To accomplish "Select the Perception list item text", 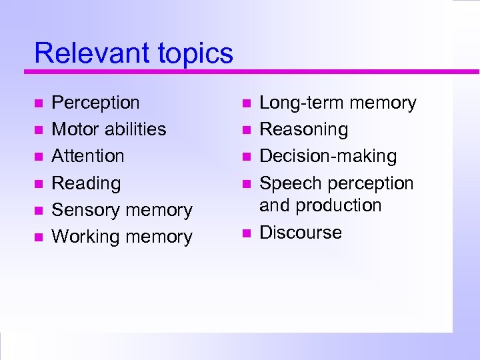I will coord(95,103).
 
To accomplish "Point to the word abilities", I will coord(135,129).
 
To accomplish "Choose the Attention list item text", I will coord(88,156).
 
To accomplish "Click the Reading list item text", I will coord(86,183).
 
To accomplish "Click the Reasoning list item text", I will coord(303,130).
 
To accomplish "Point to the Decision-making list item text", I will coord(327,157).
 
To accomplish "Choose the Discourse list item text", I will coord(300,233).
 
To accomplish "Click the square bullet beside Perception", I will coord(38,104).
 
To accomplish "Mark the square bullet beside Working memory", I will coord(38,237).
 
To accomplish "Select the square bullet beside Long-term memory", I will coord(245,104).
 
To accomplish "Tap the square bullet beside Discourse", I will coord(245,233).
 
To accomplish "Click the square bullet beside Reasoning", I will coord(245,131).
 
